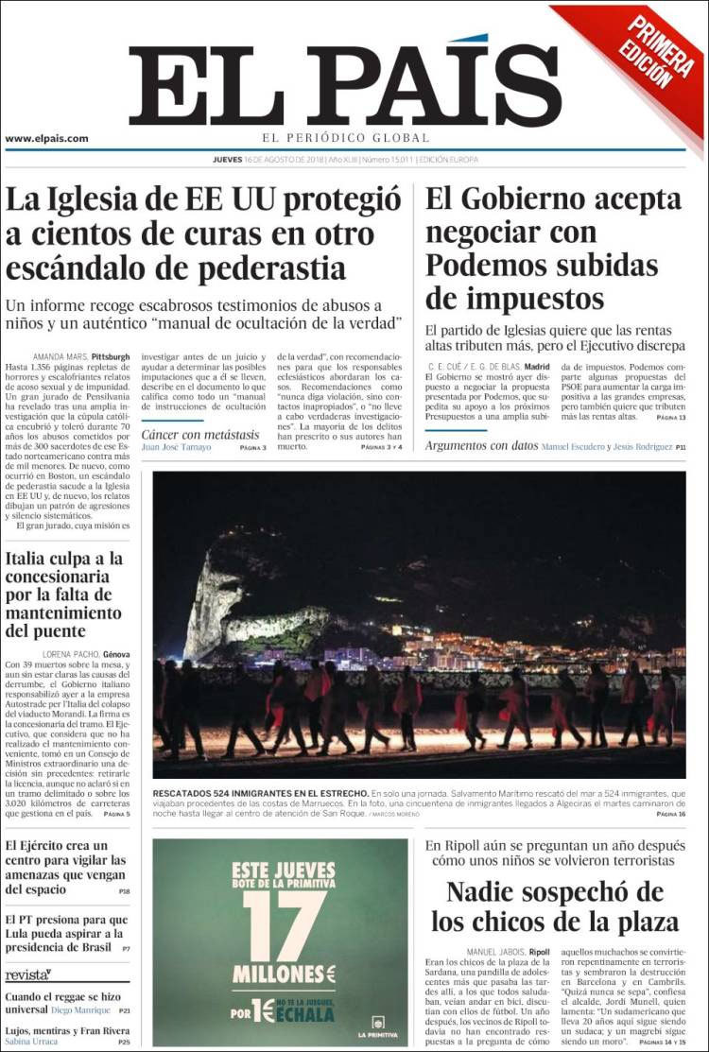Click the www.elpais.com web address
click(47, 138)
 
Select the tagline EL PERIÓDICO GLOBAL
click(346, 138)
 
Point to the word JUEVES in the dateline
click(228, 160)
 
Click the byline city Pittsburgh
click(111, 356)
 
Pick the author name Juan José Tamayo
click(177, 447)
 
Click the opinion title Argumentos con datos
click(481, 445)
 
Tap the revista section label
click(27, 974)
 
